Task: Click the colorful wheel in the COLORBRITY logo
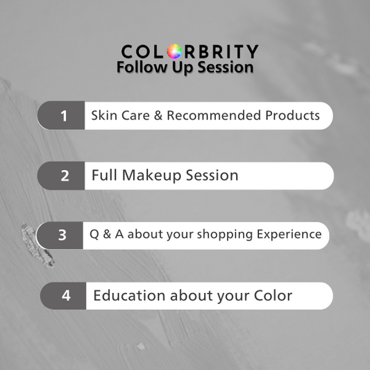tap(173, 51)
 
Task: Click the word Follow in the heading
tap(139, 67)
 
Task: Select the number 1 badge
tap(64, 116)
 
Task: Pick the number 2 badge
tap(65, 176)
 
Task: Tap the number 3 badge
tap(62, 235)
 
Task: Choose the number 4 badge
tap(66, 296)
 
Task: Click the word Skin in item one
tap(103, 115)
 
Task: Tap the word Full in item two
tap(104, 176)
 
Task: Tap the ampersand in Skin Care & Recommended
tap(158, 115)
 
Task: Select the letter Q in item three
tap(95, 235)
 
